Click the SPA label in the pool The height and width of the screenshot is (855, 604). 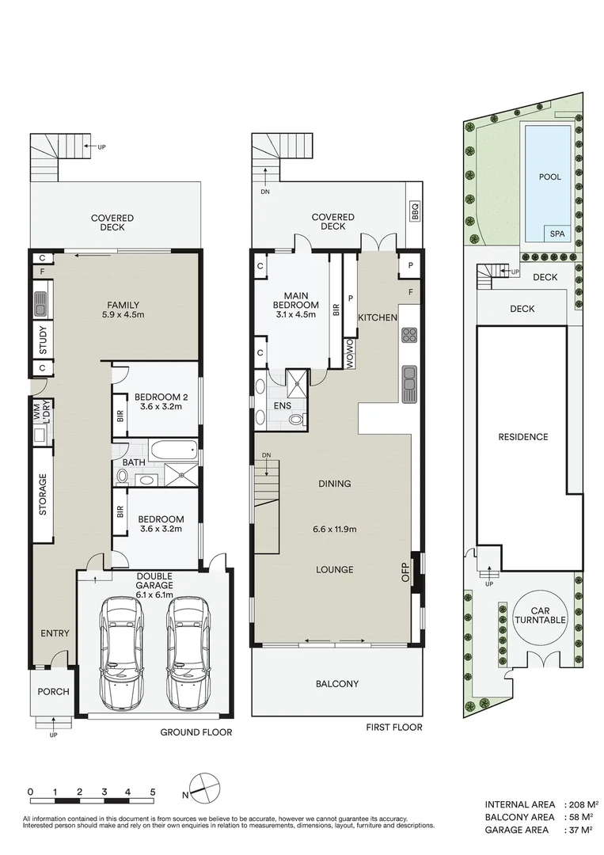click(x=558, y=234)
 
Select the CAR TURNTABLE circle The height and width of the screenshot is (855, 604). click(x=539, y=615)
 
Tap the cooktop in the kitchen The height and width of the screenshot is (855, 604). click(x=408, y=335)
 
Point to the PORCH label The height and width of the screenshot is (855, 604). click(x=54, y=691)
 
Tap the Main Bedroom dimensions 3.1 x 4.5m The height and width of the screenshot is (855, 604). click(x=296, y=314)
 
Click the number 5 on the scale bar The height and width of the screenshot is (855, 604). click(x=153, y=792)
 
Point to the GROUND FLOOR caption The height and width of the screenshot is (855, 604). click(x=196, y=732)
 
